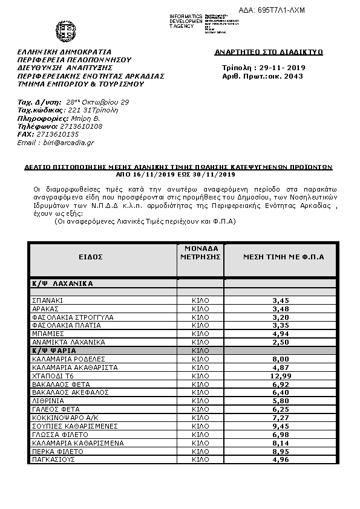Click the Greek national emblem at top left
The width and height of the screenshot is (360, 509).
[65, 30]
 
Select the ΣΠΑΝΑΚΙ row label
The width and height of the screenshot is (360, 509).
[48, 300]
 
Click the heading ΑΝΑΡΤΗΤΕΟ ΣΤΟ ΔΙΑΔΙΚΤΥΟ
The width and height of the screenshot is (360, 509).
[269, 53]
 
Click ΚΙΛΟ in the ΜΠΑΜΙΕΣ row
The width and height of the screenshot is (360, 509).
[200, 334]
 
